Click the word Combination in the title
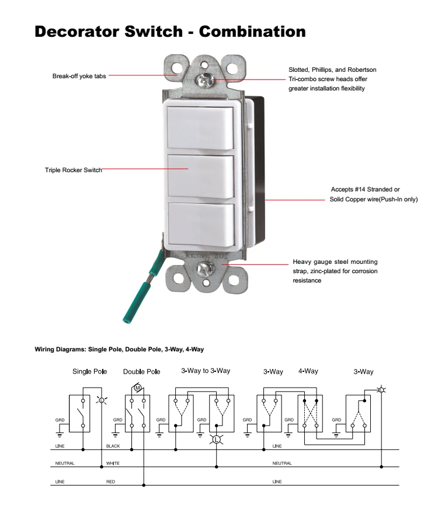[x=252, y=32]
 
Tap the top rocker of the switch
[x=200, y=128]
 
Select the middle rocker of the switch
[x=201, y=176]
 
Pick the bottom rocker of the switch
[x=201, y=224]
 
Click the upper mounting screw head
[x=204, y=79]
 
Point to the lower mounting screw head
[x=205, y=268]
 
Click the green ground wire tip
[x=126, y=320]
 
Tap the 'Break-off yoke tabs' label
[x=79, y=76]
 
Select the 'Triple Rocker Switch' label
[x=74, y=170]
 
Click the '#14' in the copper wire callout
[x=360, y=189]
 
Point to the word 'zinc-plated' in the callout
[x=326, y=271]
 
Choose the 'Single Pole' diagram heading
[x=89, y=371]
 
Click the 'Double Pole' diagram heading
[x=141, y=372]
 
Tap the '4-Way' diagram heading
[x=308, y=371]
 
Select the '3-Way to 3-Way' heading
[x=206, y=371]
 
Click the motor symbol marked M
[x=137, y=388]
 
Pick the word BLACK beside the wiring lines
[x=113, y=446]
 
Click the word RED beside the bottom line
[x=110, y=482]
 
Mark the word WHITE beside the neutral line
[x=113, y=463]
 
